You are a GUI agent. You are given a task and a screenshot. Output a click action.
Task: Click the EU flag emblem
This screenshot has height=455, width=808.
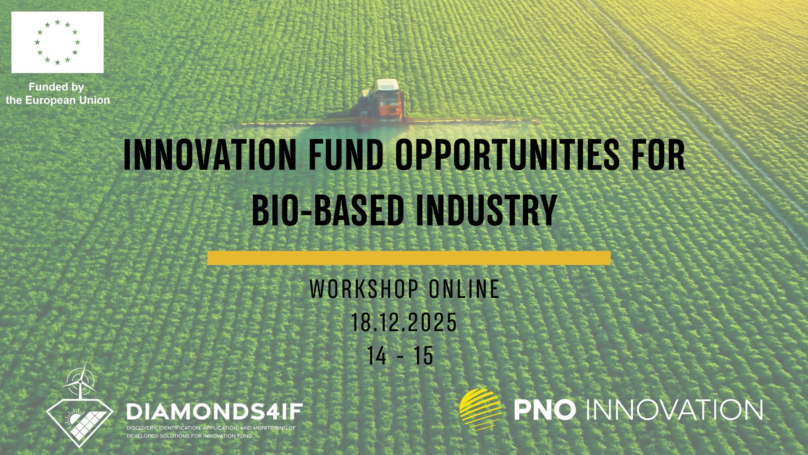(x=57, y=42)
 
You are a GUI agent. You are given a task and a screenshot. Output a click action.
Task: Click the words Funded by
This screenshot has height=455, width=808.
(x=56, y=87)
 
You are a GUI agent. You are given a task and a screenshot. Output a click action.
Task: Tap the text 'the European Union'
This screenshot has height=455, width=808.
(x=58, y=100)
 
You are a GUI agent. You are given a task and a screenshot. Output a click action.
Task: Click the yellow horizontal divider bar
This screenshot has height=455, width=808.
(x=409, y=258)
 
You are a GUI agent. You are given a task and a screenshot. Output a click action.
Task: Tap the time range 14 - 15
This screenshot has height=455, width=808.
(x=400, y=356)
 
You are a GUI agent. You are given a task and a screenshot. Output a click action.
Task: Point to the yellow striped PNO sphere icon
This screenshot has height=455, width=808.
(x=481, y=409)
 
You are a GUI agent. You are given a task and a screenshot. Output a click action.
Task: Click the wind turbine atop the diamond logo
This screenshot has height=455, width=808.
(x=80, y=380)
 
